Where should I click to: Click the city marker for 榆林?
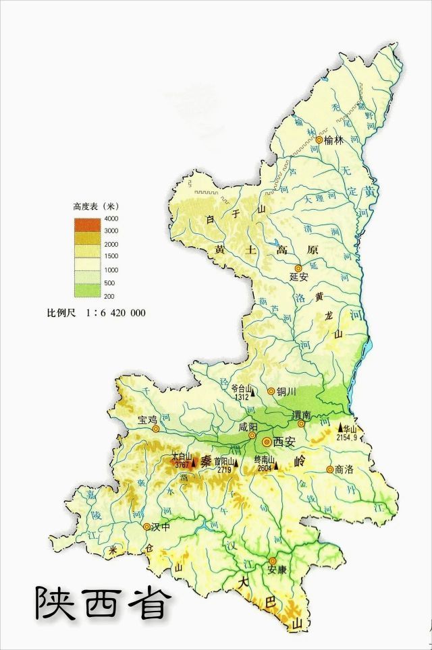319,140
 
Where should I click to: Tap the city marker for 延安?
298,268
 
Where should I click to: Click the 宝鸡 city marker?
156,428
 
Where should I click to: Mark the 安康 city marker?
273,560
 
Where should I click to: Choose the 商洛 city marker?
329,469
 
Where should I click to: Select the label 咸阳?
248,427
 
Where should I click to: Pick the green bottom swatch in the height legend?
86,291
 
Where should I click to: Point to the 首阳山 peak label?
224,461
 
